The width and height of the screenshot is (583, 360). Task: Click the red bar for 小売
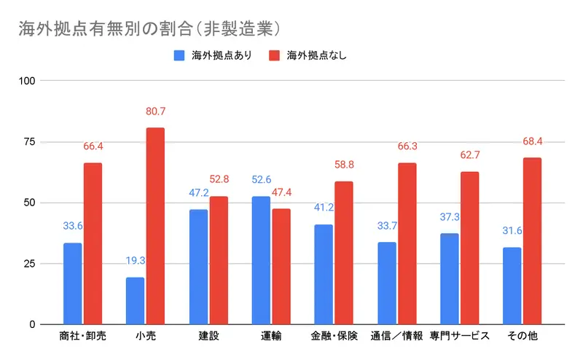tap(155, 226)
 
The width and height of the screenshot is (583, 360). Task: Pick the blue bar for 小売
tap(135, 300)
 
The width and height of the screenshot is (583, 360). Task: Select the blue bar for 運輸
tap(260, 260)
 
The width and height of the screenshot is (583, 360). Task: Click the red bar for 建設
tap(218, 260)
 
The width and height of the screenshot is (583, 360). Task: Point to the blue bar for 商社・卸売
tap(72, 283)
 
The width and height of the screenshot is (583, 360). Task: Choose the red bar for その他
tap(532, 241)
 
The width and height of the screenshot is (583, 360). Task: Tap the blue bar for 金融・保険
tap(323, 274)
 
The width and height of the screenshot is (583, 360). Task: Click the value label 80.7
tap(155, 112)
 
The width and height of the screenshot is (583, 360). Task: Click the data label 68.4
tap(532, 141)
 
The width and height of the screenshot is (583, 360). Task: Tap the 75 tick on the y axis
tap(28, 141)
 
